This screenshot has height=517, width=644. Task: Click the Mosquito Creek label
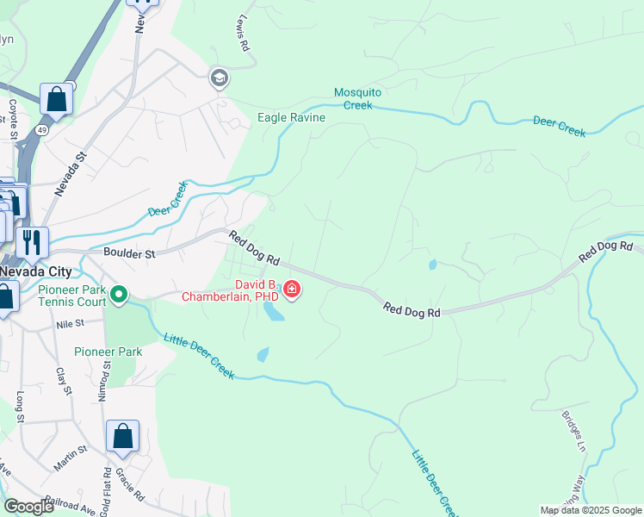(x=357, y=98)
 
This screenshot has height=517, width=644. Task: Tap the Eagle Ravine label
(x=291, y=117)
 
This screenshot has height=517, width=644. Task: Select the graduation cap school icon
(x=219, y=78)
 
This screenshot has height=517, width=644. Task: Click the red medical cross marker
(x=292, y=289)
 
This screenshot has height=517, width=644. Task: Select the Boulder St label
(x=129, y=254)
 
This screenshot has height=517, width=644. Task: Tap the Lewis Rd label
(x=243, y=34)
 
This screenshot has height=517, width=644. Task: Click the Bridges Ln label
(x=573, y=430)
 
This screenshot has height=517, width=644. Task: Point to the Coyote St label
(x=14, y=118)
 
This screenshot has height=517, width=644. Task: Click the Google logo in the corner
(x=29, y=507)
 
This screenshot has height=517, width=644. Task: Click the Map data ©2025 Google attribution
(x=591, y=510)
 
